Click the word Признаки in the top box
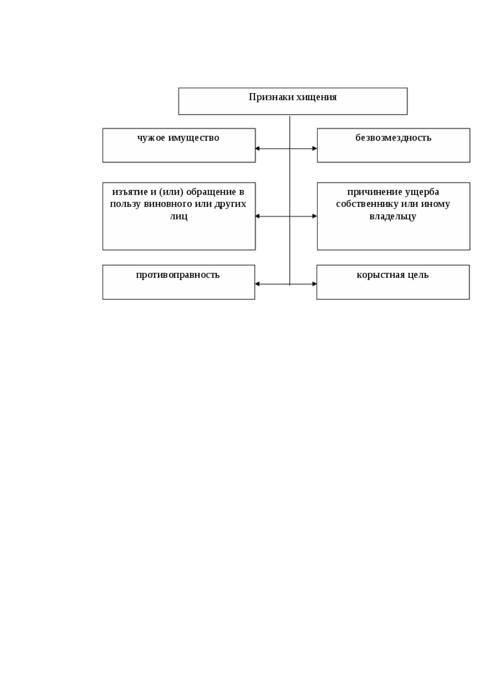pyautogui.click(x=271, y=97)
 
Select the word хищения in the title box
pyautogui.click(x=316, y=98)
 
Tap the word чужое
pyautogui.click(x=151, y=138)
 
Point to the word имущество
pyautogui.click(x=194, y=138)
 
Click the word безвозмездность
pyautogui.click(x=393, y=138)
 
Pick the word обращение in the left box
pyautogui.click(x=211, y=192)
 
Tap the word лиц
pyautogui.click(x=179, y=216)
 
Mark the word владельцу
pyautogui.click(x=393, y=216)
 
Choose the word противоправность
pyautogui.click(x=178, y=275)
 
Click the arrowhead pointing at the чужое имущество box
pyautogui.click(x=257, y=149)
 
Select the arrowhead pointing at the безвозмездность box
pyautogui.click(x=315, y=149)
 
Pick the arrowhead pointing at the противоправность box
pyautogui.click(x=257, y=284)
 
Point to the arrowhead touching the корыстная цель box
pyautogui.click(x=314, y=284)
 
